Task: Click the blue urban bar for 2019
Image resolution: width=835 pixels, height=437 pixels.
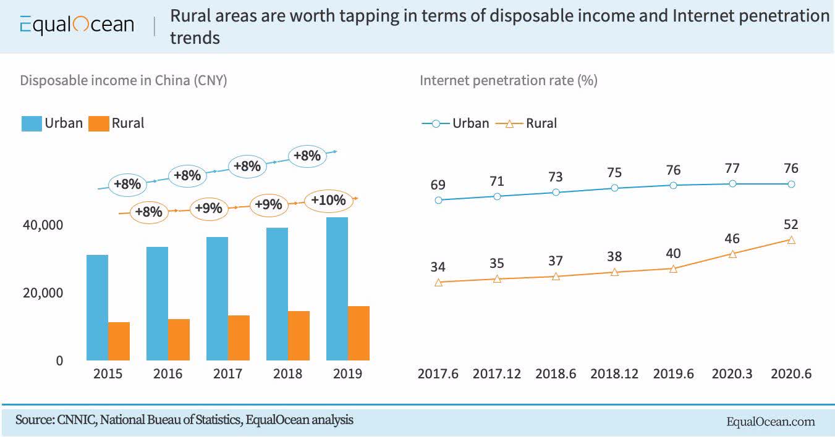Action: coord(337,288)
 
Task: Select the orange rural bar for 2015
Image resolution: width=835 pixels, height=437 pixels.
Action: coord(119,341)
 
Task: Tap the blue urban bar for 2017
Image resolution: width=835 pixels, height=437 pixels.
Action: coord(217,298)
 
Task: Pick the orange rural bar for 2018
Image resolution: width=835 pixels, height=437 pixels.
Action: coord(299,335)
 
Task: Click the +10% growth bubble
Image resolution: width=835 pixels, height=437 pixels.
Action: coord(328,201)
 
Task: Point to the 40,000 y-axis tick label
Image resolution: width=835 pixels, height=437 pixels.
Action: coord(43,225)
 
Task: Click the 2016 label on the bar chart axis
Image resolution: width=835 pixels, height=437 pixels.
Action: coord(167,374)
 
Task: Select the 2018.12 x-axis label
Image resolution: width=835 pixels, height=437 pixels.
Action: coord(614,374)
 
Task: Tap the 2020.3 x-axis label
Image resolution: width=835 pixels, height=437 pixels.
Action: coord(732,374)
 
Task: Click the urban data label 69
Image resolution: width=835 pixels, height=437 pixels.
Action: coord(438,185)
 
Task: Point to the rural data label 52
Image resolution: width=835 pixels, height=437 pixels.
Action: coord(790,224)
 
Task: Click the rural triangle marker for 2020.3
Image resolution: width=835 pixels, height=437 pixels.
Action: coord(732,254)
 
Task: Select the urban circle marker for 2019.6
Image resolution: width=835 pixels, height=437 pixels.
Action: coord(673,185)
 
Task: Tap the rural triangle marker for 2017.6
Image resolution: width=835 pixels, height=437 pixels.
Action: coord(438,283)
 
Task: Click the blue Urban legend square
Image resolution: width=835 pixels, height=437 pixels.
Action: coord(31,123)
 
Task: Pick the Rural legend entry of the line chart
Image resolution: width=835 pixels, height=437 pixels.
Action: coord(532,123)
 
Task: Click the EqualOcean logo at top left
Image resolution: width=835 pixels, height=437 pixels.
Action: coord(77,25)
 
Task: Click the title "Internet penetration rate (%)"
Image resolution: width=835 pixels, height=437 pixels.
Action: coord(508,81)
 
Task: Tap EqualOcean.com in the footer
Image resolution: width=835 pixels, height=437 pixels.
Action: coord(770,422)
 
